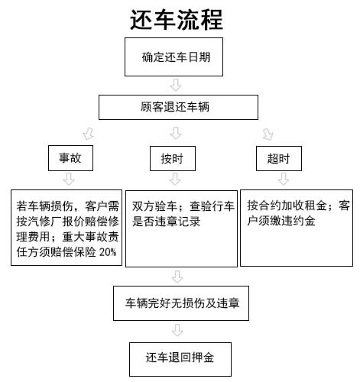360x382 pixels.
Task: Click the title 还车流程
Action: coord(177,20)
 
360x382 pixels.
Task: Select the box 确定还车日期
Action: coord(174,57)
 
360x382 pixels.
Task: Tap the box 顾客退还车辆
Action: coord(178,107)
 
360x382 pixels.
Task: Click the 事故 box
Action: coord(70,158)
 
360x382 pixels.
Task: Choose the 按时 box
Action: coord(173,158)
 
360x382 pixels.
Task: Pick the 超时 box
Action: coord(279,158)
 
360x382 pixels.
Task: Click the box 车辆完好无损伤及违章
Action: coord(181,303)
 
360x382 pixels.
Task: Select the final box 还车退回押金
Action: coord(180,359)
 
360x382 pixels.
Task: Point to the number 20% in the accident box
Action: coord(108,252)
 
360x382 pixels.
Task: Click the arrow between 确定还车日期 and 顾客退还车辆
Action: coord(176,85)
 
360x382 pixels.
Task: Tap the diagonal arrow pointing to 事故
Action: coord(89,133)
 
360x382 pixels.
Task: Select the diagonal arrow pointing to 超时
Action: coord(268,134)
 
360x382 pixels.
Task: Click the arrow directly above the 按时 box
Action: coord(176,133)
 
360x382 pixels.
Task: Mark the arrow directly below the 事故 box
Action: coord(69,179)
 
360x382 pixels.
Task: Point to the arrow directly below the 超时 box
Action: coord(284,179)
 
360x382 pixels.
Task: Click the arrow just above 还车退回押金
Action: coord(177,330)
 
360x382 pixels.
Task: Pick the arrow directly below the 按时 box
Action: coord(175,179)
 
